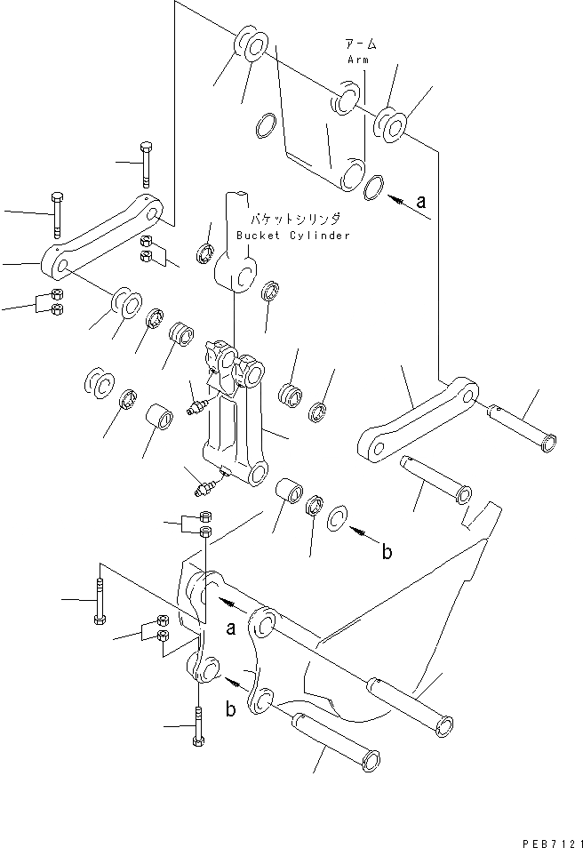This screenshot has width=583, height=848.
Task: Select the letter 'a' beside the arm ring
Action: click(421, 202)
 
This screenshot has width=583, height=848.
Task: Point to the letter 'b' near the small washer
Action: click(387, 552)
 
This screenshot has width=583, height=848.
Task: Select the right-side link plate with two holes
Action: click(416, 420)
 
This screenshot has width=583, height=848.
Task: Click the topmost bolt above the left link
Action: click(145, 163)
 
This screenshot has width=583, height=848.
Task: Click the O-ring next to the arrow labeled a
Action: click(375, 187)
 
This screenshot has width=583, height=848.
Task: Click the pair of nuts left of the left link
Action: click(55, 302)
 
